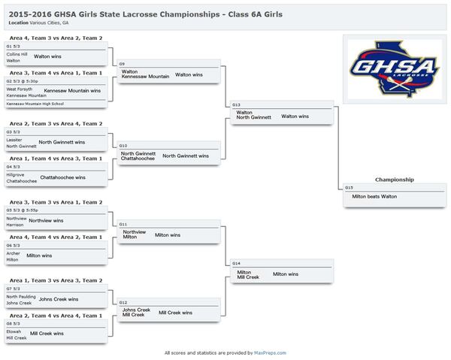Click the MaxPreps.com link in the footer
pyautogui.click(x=270, y=352)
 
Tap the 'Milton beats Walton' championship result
pyautogui.click(x=374, y=196)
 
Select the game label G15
pyautogui.click(x=349, y=187)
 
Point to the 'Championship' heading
pyautogui.click(x=394, y=180)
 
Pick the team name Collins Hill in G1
pyautogui.click(x=17, y=54)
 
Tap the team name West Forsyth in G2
pyautogui.click(x=19, y=89)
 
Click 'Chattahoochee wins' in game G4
pyautogui.click(x=63, y=177)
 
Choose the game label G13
pyautogui.click(x=237, y=104)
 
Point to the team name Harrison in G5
pyautogui.click(x=16, y=225)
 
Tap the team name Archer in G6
pyautogui.click(x=13, y=253)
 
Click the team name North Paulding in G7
pyautogui.click(x=21, y=297)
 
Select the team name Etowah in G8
pyautogui.click(x=14, y=331)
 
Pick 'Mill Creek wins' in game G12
pyautogui.click(x=175, y=313)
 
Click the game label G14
pyautogui.click(x=237, y=264)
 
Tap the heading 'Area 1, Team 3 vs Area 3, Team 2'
pyautogui.click(x=55, y=280)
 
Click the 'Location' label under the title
pyautogui.click(x=20, y=23)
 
